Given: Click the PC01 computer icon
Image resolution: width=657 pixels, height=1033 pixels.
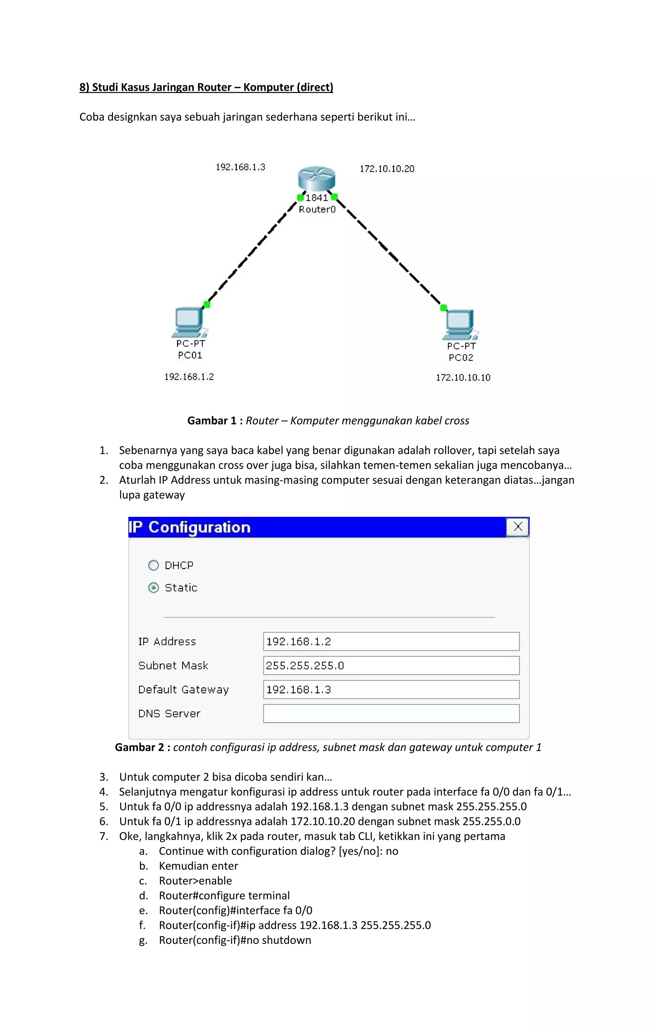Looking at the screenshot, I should point(189,322).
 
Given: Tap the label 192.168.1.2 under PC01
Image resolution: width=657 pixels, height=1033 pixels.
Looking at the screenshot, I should point(189,377).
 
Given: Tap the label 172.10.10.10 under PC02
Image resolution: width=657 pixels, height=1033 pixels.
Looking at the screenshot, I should point(463,378).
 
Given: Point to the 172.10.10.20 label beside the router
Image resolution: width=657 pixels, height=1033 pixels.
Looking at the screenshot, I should point(387,169).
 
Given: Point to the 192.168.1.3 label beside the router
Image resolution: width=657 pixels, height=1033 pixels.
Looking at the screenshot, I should point(240,167).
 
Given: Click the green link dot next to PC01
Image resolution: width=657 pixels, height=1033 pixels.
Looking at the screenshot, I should point(207,305).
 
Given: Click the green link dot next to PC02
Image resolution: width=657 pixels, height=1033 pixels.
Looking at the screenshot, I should point(444,308).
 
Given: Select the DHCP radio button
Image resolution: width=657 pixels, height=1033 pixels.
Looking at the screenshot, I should point(154,565).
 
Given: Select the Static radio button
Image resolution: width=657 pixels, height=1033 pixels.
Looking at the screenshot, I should point(154,588).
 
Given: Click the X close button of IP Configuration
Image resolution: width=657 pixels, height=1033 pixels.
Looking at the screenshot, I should point(518,527).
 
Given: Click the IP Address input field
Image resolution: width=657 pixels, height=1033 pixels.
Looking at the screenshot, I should point(391,641).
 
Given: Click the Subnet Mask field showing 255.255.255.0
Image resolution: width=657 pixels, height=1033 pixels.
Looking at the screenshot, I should point(391,665).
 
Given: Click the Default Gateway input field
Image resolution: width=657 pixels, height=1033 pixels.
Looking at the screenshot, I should point(391,690).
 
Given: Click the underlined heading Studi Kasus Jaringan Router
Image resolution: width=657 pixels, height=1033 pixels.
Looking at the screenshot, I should point(206,87).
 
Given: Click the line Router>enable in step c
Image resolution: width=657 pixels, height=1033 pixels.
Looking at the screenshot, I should point(195,881).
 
